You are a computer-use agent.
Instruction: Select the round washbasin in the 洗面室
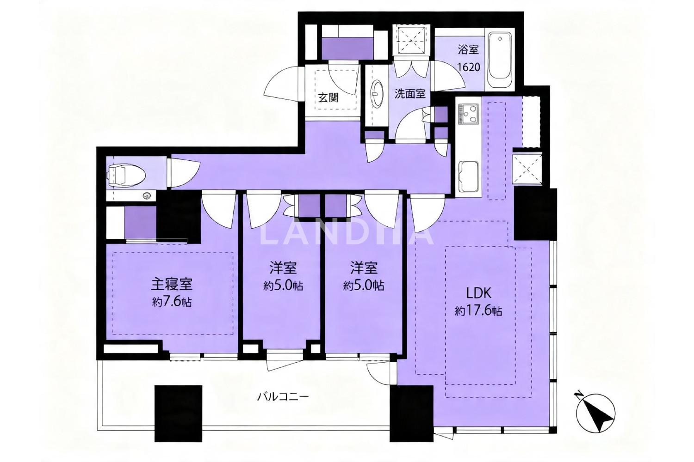coord(377,94)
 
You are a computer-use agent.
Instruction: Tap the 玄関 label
coord(328,98)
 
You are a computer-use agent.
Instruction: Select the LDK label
coord(478,293)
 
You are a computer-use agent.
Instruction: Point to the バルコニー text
coord(283,396)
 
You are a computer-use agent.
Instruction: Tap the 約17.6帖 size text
coord(478,310)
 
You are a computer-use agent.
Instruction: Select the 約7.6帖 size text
coord(172,301)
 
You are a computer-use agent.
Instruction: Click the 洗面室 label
coord(410,94)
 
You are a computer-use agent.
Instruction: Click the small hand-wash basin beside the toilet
coord(147,195)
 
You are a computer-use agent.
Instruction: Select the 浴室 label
coord(468,49)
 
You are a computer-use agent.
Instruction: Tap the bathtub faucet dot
coord(499,39)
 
